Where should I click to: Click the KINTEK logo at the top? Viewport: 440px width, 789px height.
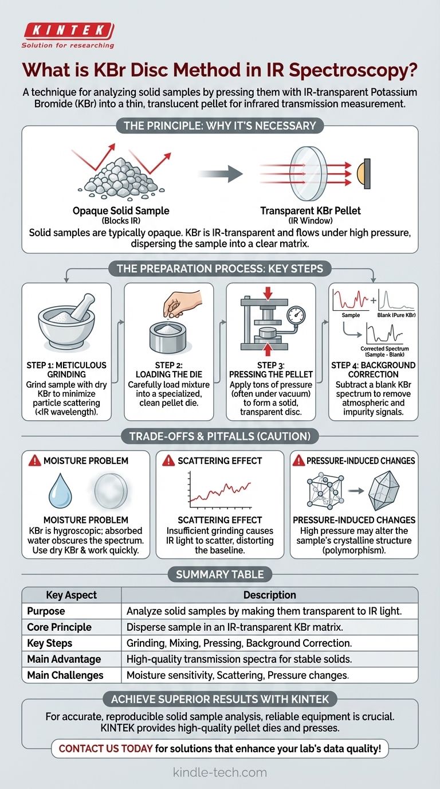[x=68, y=35]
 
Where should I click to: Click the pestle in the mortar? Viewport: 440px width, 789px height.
[x=83, y=307]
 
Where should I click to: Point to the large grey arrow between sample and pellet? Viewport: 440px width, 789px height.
[x=221, y=173]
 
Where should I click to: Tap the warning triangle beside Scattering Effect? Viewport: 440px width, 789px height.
[x=168, y=460]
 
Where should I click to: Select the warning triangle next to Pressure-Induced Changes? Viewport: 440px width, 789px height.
[x=298, y=460]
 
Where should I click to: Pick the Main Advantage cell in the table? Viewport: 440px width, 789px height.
[x=64, y=659]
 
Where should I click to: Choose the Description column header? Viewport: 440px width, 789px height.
[x=270, y=595]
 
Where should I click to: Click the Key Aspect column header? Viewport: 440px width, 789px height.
[x=72, y=595]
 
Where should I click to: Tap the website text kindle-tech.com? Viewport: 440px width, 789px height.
[x=220, y=772]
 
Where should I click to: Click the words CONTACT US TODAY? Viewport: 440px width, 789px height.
[x=105, y=748]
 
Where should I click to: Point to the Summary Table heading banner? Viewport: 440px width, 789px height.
[x=220, y=575]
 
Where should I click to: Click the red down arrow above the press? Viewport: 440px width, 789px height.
[x=268, y=293]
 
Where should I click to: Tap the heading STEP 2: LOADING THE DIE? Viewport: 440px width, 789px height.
[x=169, y=369]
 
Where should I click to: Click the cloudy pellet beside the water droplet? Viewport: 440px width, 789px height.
[x=111, y=491]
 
